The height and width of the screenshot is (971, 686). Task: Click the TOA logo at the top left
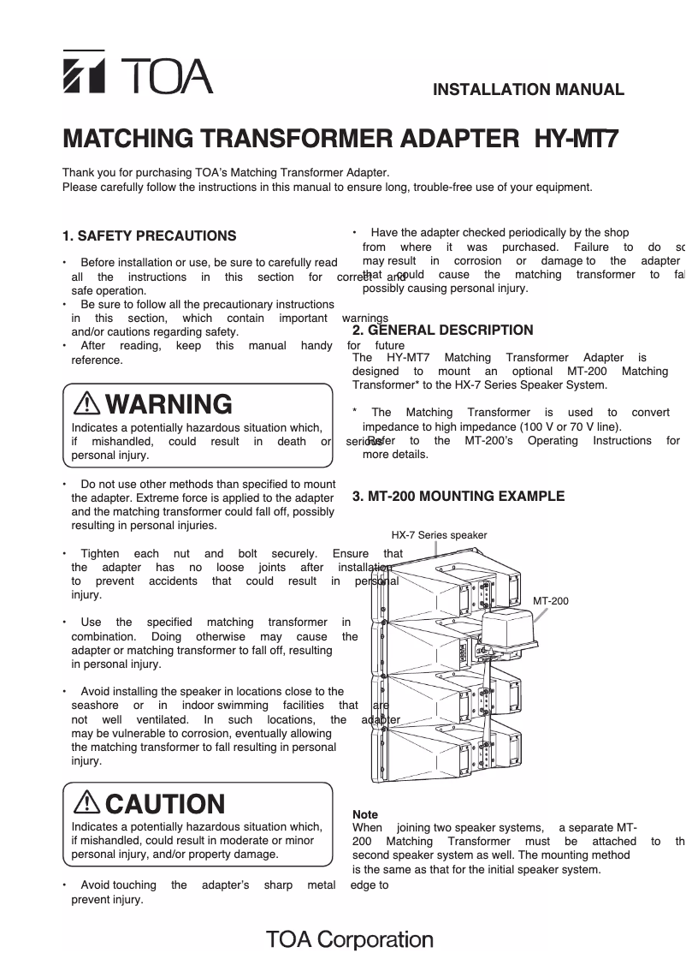pyautogui.click(x=137, y=73)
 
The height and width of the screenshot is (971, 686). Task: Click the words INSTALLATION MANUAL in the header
pyautogui.click(x=529, y=89)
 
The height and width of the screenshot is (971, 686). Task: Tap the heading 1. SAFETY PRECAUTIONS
pyautogui.click(x=150, y=235)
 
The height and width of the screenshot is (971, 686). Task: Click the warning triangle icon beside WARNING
pyautogui.click(x=87, y=403)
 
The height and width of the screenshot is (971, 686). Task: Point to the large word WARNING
pyautogui.click(x=169, y=403)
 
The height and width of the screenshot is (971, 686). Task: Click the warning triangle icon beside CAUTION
pyautogui.click(x=87, y=803)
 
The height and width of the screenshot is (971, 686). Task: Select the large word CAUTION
pyautogui.click(x=165, y=804)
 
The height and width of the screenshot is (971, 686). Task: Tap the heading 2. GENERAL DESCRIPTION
pyautogui.click(x=442, y=330)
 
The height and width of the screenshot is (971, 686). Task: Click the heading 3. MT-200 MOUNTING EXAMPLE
pyautogui.click(x=458, y=496)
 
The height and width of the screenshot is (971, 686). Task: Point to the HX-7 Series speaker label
pyautogui.click(x=439, y=535)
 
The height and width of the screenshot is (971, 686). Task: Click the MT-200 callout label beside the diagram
pyautogui.click(x=551, y=601)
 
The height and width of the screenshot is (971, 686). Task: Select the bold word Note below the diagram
pyautogui.click(x=365, y=814)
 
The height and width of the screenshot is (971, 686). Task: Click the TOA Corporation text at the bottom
pyautogui.click(x=350, y=939)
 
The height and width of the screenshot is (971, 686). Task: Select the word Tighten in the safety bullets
pyautogui.click(x=99, y=554)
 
